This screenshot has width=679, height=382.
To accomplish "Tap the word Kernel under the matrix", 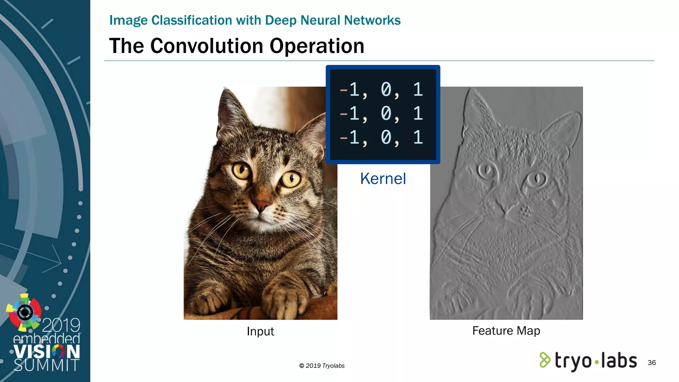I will click(383, 179).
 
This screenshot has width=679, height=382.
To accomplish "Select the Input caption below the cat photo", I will click(260, 331).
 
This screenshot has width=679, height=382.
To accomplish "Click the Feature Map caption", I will click(506, 331).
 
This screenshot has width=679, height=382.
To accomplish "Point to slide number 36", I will click(651, 362).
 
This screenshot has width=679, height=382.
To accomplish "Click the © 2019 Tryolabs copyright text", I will click(322, 366).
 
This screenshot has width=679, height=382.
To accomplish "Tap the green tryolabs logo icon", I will click(544, 360).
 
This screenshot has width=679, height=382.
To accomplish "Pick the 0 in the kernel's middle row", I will click(386, 113).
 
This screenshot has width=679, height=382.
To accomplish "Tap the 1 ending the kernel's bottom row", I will click(418, 137).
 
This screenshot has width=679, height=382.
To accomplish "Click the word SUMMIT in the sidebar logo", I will click(46, 365).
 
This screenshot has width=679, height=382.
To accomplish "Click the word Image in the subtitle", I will click(128, 20).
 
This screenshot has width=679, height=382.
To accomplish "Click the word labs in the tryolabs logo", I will click(619, 360).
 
